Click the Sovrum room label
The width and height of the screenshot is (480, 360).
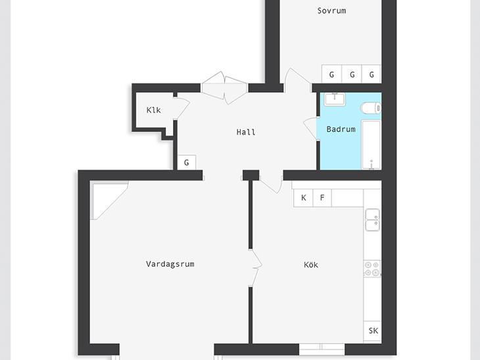pos(331,11)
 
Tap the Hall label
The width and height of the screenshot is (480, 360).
pos(246,132)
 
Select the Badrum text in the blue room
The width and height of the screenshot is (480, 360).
pos(341,129)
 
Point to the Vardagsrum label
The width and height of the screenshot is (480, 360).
pos(170,264)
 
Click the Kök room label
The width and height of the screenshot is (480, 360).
pos(311,265)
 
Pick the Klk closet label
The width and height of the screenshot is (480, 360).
pos(153,110)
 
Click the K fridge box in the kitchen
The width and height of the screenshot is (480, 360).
pos(303,198)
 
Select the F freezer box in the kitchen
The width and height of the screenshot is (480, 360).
pos(322,198)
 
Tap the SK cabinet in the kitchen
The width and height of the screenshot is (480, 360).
pos(373,331)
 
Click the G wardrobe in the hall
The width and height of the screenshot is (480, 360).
pos(187,162)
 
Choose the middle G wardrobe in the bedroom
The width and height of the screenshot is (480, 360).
pos(352,74)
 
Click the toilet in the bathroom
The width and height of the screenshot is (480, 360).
pos(371,108)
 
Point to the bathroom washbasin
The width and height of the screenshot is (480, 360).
pos(335,99)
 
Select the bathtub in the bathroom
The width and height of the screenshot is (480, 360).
pos(372,145)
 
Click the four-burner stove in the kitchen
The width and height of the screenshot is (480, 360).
pos(372,269)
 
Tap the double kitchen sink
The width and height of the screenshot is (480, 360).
pos(373,220)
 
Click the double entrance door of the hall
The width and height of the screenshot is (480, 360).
pos(224,88)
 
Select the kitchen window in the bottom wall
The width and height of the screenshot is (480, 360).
pos(322,349)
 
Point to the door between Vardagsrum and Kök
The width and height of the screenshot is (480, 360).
pos(255,268)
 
